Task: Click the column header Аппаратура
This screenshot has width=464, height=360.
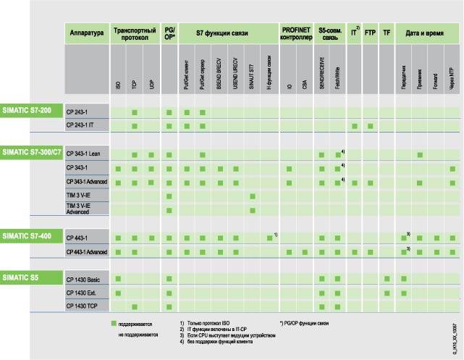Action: click(x=87, y=33)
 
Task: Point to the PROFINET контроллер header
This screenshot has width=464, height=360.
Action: click(x=297, y=33)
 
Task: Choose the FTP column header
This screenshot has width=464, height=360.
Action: click(x=370, y=33)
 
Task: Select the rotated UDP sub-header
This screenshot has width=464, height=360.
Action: click(x=151, y=84)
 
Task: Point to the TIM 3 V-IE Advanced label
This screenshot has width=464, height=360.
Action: click(x=83, y=209)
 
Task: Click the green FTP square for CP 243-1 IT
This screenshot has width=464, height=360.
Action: click(x=370, y=126)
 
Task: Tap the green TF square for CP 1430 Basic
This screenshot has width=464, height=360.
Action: click(x=387, y=279)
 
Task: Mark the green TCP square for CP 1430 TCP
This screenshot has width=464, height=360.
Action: click(x=135, y=307)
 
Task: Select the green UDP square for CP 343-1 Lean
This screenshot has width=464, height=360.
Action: click(x=151, y=155)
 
